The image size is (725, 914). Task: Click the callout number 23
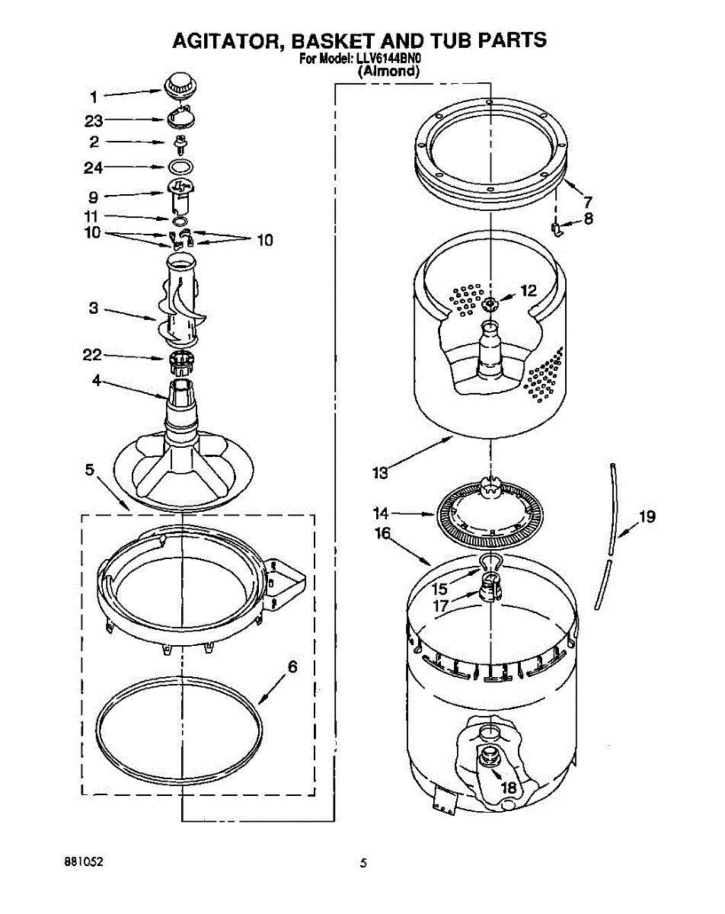pos(94,120)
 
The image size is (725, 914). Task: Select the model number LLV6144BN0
pos(390,59)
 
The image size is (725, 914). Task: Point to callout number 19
pos(647,518)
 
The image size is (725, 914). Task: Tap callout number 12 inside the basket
pos(528,290)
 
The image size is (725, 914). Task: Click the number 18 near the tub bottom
pos(508,788)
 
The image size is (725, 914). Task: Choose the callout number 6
pos(291,666)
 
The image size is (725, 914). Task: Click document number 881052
pos(84,862)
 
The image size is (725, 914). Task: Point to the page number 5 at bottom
pos(364,863)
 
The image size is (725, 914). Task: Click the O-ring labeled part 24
pos(180,166)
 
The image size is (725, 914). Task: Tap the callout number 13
pos(380,473)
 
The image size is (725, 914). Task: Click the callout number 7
pos(587,203)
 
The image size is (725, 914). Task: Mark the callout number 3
pos(94,308)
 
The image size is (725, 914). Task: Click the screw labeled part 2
pos(180,143)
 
